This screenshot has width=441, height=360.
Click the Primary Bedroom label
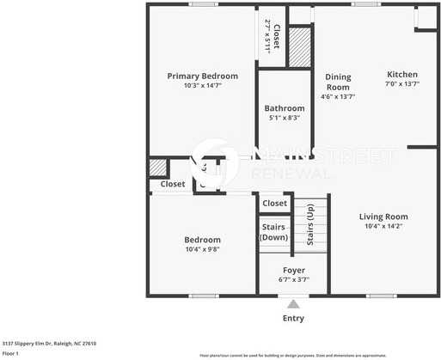pyautogui.click(x=202, y=76)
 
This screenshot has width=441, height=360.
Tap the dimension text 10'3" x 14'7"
pyautogui.click(x=202, y=86)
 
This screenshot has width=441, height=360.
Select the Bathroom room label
pyautogui.click(x=284, y=108)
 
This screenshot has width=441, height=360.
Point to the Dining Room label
pyautogui.click(x=338, y=82)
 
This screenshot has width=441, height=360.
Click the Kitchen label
pyautogui.click(x=401, y=74)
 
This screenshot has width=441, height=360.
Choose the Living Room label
pyautogui.click(x=383, y=216)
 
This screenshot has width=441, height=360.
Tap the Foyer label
pyautogui.click(x=294, y=270)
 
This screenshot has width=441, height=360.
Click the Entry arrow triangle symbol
pyautogui.click(x=294, y=303)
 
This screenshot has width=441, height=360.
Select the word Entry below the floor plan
pyautogui.click(x=293, y=319)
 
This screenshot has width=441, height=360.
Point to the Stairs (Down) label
pyautogui.click(x=273, y=232)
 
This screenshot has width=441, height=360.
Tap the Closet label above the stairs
pyautogui.click(x=274, y=204)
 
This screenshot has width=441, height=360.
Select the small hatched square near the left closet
pyautogui.click(x=157, y=168)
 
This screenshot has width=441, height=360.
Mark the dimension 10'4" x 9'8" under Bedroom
pyautogui.click(x=202, y=250)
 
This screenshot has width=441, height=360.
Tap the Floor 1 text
pyautogui.click(x=10, y=353)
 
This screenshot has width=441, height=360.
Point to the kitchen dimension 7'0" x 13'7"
pyautogui.click(x=401, y=84)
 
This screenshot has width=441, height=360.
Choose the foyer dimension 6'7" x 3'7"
pyautogui.click(x=294, y=281)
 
